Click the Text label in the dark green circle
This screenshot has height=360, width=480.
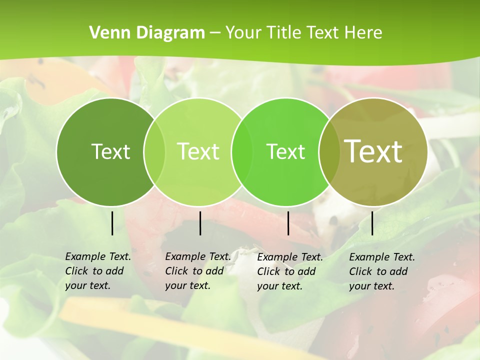click(x=110, y=151)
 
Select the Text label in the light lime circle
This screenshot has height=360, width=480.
click(x=198, y=151)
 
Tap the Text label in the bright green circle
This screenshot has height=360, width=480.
click(x=285, y=151)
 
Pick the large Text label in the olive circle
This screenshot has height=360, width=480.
click(x=373, y=151)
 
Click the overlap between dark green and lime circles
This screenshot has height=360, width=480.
click(x=154, y=151)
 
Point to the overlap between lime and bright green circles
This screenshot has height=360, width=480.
click(x=242, y=151)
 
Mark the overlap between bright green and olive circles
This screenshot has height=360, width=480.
click(x=328, y=151)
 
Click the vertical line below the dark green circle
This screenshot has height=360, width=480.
click(x=112, y=223)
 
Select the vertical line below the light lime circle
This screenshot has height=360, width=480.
click(x=200, y=223)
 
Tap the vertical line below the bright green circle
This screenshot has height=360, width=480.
click(x=288, y=223)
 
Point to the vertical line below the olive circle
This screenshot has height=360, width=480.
click(x=372, y=223)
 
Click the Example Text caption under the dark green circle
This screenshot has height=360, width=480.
click(x=98, y=271)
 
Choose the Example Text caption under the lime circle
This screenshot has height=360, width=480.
click(x=198, y=271)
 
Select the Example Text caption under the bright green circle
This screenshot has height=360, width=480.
click(x=290, y=271)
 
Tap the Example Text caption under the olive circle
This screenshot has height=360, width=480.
click(x=382, y=271)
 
